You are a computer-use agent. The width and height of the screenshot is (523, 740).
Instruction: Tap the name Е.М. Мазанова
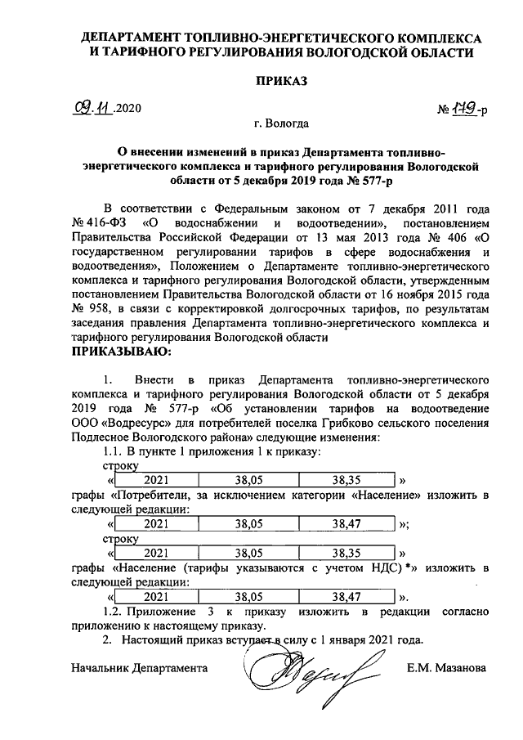coord(446,668)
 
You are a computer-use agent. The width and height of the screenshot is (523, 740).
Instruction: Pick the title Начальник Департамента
coord(137,668)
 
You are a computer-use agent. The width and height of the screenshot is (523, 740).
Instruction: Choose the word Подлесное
coord(100,438)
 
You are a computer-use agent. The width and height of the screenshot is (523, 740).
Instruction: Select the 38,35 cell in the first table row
coord(348,478)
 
